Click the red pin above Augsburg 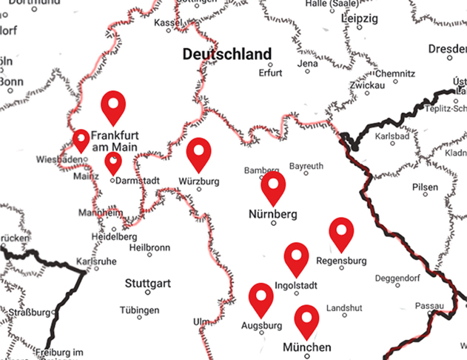[x=261, y=297]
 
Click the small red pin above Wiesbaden [x=81, y=139]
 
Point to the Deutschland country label [x=226, y=54]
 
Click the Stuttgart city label [x=148, y=283]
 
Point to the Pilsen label [x=426, y=187]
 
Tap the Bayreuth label [x=306, y=166]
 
